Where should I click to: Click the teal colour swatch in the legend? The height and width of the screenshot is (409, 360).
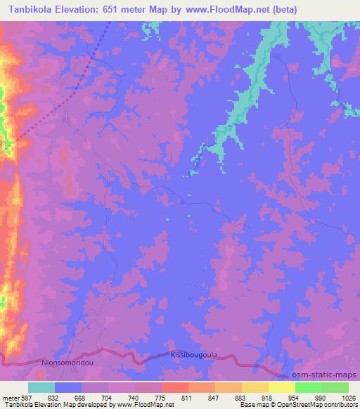tap(41, 387)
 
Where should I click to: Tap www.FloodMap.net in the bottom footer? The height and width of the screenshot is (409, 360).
tap(146, 405)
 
